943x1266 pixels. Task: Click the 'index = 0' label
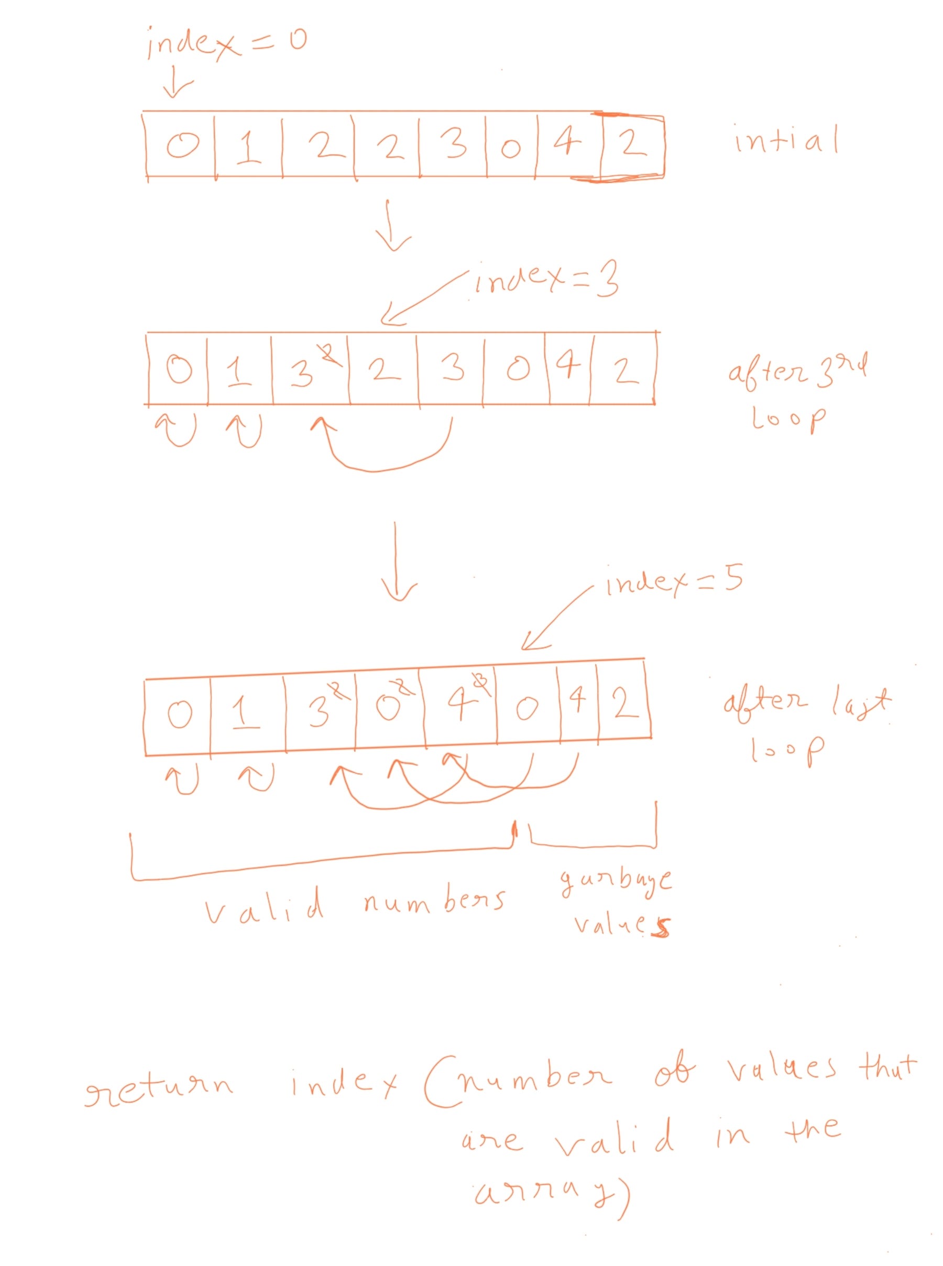pos(225,43)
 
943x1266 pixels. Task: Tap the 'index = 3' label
pos(545,281)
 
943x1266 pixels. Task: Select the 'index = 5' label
pos(674,582)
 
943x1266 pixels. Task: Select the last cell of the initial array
pos(632,144)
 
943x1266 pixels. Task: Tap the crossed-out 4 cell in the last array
pos(460,708)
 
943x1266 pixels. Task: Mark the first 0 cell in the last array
pos(179,713)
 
